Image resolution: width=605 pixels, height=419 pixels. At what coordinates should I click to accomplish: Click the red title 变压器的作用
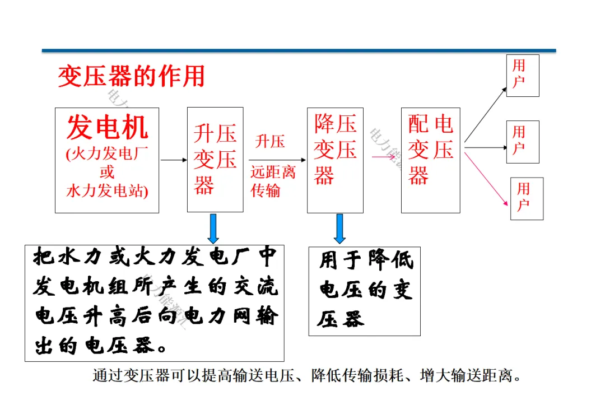[131, 77]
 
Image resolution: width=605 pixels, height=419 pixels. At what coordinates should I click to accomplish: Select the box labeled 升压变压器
[215, 160]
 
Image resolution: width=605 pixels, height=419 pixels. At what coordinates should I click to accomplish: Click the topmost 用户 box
[522, 76]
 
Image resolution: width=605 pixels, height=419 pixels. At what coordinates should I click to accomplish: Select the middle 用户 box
[522, 142]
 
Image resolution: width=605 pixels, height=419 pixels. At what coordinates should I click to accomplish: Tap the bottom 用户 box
[527, 198]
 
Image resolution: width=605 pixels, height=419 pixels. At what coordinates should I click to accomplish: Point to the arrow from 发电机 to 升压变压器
[174, 160]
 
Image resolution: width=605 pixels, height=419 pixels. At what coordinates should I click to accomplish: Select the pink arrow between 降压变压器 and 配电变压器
[383, 156]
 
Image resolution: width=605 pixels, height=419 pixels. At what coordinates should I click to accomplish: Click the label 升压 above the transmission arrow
[270, 141]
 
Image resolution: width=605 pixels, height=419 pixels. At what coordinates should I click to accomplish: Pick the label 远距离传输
[272, 181]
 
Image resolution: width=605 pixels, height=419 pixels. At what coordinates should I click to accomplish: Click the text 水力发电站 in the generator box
[106, 191]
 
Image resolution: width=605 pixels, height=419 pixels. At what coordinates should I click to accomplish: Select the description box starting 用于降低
[364, 291]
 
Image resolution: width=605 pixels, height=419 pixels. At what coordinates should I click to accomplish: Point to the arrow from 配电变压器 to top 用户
[485, 114]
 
